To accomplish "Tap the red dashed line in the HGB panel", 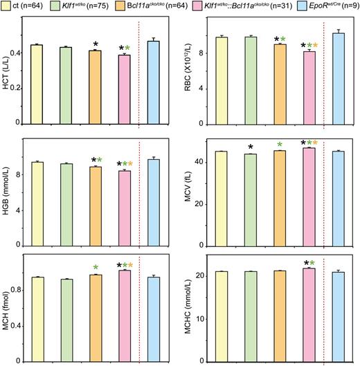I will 138,194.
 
